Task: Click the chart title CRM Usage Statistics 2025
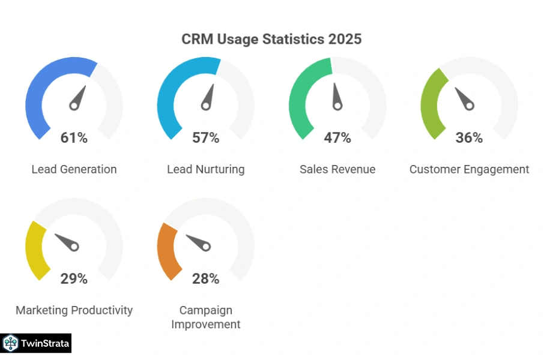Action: click(271, 39)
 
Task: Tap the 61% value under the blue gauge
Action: click(74, 138)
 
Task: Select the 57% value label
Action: click(205, 138)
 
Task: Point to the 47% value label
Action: click(337, 138)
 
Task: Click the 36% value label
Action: click(469, 138)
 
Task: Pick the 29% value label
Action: click(74, 278)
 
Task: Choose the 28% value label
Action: click(205, 278)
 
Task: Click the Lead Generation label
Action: click(74, 169)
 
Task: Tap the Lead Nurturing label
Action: click(205, 169)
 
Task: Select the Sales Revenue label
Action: click(337, 169)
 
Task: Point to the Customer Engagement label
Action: click(469, 169)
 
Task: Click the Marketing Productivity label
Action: click(74, 310)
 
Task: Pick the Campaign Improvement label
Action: click(205, 317)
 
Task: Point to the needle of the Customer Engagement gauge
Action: click(463, 98)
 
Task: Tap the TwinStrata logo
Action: click(36, 343)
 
